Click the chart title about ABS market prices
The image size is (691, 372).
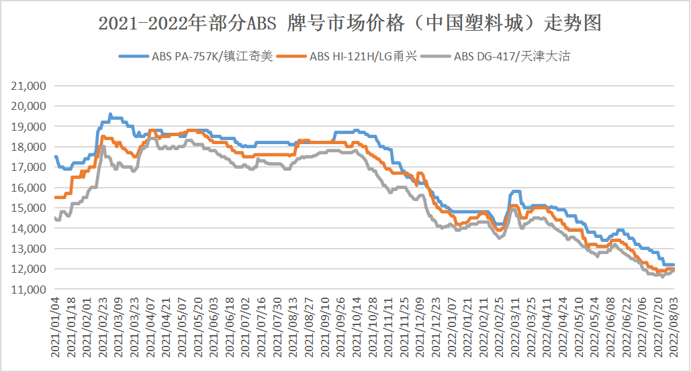[349, 23]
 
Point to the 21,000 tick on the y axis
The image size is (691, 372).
[30, 86]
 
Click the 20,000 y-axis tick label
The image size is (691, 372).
[30, 106]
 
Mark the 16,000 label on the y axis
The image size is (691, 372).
[30, 188]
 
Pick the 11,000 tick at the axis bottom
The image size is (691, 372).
[30, 290]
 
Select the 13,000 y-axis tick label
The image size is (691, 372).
[30, 249]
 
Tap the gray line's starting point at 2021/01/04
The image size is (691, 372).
[55, 218]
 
